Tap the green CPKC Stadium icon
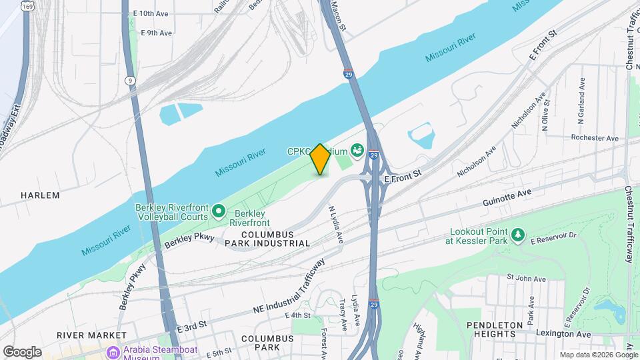[357, 151]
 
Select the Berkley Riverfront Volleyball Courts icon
[218, 212]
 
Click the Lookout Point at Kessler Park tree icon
[517, 236]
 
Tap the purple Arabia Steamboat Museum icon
[111, 351]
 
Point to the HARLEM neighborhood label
[40, 195]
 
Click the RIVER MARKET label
[91, 335]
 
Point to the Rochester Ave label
[595, 138]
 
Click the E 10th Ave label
[151, 13]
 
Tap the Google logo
[22, 351]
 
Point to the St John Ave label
[527, 278]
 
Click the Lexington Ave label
[565, 333]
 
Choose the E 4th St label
[297, 315]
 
